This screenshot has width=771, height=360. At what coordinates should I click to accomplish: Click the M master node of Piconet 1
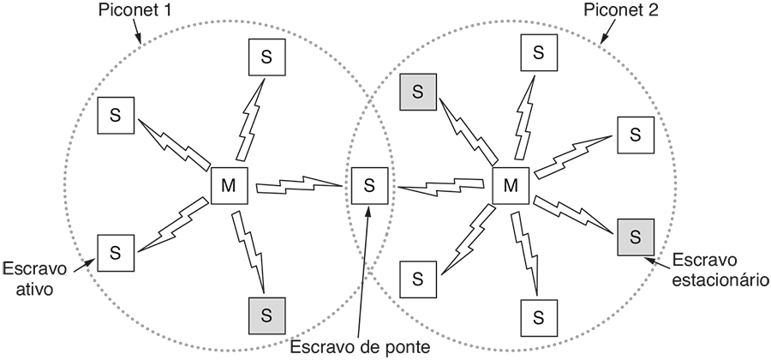(x=228, y=185)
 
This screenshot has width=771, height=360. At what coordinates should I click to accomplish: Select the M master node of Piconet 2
(x=511, y=185)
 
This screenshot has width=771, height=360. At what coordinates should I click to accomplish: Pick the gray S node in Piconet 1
(x=266, y=313)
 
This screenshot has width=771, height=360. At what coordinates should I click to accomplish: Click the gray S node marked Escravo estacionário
(x=635, y=236)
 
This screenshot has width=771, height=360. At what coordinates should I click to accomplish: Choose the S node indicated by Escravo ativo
(x=116, y=253)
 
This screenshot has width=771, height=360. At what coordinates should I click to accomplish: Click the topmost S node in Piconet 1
(x=266, y=57)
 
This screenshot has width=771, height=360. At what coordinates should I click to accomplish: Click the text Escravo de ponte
(x=358, y=347)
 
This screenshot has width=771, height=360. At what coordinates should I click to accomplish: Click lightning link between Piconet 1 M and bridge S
(x=299, y=183)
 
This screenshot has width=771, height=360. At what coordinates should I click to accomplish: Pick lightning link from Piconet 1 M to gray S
(x=249, y=250)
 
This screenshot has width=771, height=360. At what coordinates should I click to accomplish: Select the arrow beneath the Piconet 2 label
(x=605, y=32)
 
